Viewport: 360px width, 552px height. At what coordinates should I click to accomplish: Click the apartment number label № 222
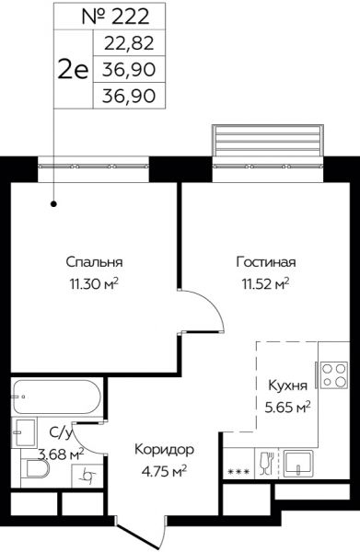click(115, 17)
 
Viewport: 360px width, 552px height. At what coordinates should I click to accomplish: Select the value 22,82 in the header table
click(129, 43)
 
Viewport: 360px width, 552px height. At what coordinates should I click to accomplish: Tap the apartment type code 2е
click(73, 69)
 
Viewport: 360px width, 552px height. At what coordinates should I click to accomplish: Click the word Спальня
click(94, 262)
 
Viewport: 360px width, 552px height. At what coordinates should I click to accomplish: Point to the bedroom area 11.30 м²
click(94, 283)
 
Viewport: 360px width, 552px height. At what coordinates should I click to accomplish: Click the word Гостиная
click(266, 262)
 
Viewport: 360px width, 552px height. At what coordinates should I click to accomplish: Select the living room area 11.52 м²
click(265, 283)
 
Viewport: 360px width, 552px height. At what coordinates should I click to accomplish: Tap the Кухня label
click(288, 385)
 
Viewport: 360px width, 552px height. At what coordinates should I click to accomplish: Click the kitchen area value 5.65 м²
click(288, 408)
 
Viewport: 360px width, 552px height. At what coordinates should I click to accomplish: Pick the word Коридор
click(165, 450)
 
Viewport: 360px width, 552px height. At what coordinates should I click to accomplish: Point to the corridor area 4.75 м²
click(164, 471)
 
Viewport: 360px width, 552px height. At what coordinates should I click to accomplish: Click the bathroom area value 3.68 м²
click(61, 454)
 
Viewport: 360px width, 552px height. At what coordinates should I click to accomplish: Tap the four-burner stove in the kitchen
click(334, 375)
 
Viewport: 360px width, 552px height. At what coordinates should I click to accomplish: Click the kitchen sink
click(298, 464)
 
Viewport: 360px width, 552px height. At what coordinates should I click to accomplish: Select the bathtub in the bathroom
click(57, 397)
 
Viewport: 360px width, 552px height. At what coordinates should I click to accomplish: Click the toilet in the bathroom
click(35, 469)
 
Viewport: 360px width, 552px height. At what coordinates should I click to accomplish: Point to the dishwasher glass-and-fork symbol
click(266, 464)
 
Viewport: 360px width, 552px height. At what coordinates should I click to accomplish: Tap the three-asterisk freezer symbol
click(238, 471)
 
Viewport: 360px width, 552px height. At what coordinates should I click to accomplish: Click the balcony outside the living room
click(268, 141)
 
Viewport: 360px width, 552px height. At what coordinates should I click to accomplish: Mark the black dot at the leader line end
click(54, 203)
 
